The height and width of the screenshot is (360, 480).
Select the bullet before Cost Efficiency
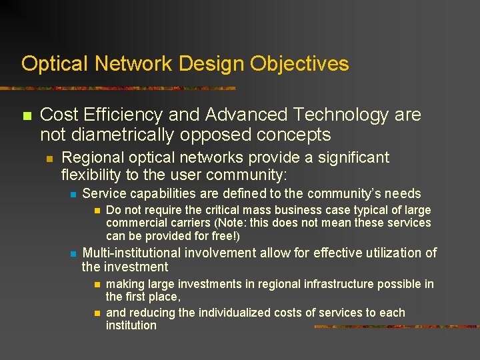coord(27,116)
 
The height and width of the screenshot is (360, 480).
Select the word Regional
coord(90,158)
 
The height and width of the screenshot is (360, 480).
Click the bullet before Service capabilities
coord(73,195)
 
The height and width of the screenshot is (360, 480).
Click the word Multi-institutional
coord(131,253)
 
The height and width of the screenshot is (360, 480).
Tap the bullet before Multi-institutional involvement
coord(73,254)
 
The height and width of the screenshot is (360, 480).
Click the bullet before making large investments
coord(97,285)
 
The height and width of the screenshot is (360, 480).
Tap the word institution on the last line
coord(131,325)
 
